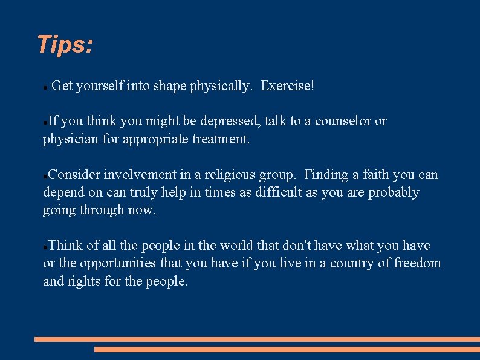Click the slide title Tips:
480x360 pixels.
(x=65, y=45)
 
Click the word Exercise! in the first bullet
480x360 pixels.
(x=287, y=86)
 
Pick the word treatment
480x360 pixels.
(x=220, y=139)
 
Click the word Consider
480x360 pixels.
(x=74, y=175)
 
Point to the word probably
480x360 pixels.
(x=393, y=192)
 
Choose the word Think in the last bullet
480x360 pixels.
(x=65, y=245)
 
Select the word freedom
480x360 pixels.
(x=417, y=263)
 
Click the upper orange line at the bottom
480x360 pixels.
(x=257, y=340)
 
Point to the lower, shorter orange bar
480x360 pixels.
(x=287, y=349)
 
